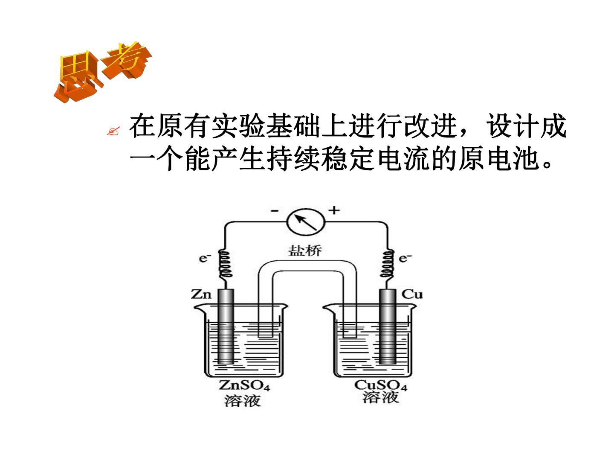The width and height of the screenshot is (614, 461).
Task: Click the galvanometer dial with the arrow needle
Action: click(x=306, y=222)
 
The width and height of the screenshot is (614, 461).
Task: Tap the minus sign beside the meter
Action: click(x=275, y=211)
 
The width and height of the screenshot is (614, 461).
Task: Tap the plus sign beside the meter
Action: click(x=334, y=210)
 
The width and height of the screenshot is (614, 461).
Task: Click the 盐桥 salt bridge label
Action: click(x=305, y=251)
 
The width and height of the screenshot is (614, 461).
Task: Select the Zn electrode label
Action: click(x=201, y=294)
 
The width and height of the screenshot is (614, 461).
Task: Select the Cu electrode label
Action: click(x=412, y=294)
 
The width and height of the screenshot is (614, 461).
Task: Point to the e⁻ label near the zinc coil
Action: click(x=205, y=258)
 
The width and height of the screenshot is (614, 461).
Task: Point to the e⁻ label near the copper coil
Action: click(x=405, y=258)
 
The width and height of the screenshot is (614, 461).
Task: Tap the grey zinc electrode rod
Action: click(x=226, y=327)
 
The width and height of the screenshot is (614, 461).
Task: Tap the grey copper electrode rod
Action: click(x=388, y=327)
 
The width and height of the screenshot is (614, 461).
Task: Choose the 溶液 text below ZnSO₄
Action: click(x=242, y=400)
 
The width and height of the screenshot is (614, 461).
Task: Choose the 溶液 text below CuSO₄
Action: click(x=381, y=397)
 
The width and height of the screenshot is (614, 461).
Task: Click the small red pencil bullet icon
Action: click(x=113, y=131)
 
